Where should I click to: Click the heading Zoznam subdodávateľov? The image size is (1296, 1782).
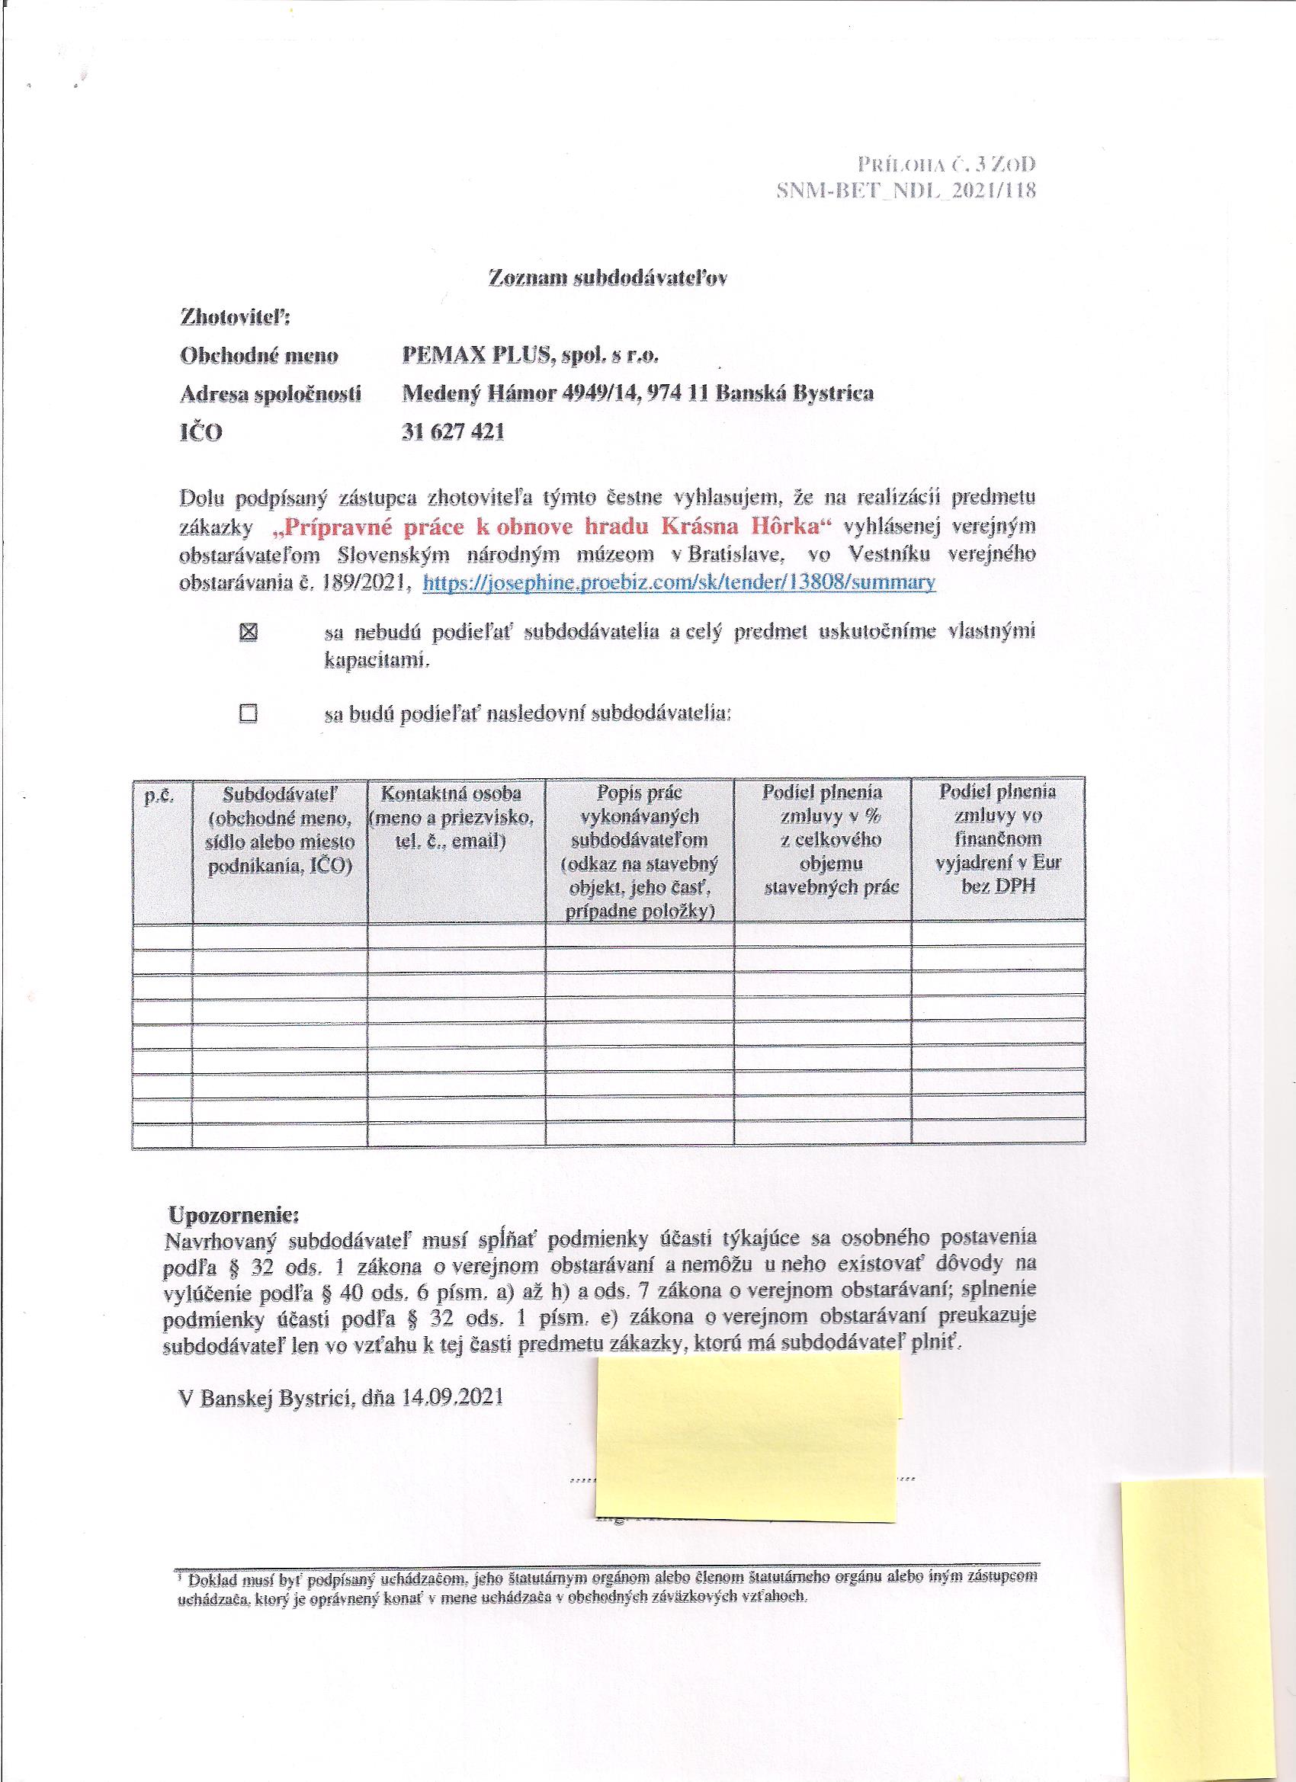click(608, 279)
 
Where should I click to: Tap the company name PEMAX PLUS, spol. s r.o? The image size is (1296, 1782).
click(530, 355)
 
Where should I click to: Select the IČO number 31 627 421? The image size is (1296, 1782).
click(452, 431)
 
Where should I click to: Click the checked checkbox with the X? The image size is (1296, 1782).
click(249, 632)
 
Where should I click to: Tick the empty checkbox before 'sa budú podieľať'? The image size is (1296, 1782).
click(249, 713)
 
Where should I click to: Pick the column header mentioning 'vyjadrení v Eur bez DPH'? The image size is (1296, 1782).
click(998, 838)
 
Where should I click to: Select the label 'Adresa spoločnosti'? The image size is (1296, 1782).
click(271, 393)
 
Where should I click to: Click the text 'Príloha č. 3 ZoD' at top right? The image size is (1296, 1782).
click(946, 164)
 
